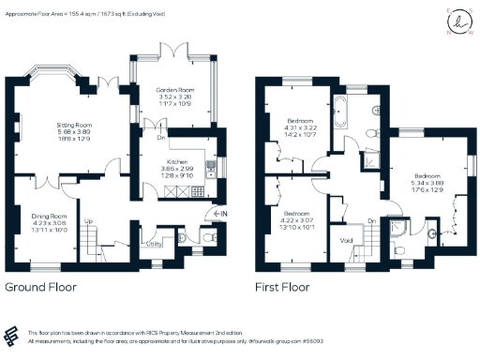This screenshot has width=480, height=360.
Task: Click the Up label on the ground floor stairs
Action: pos(88,223)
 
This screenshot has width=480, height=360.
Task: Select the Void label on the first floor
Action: pos(348,241)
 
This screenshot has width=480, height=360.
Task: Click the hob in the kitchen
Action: pos(198,191)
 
